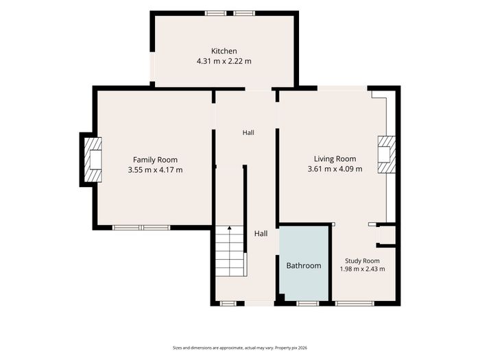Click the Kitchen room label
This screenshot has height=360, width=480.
[224, 51]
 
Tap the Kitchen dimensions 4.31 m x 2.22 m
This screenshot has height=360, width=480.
[224, 61]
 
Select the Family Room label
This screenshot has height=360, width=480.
[155, 160]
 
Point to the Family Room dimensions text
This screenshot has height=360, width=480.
[155, 170]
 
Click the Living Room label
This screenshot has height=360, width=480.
[335, 159]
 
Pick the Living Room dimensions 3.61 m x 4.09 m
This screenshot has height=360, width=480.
[335, 169]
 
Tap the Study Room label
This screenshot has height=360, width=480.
[362, 261]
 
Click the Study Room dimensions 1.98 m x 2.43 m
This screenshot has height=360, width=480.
[363, 269]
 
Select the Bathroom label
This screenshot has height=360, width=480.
[304, 265]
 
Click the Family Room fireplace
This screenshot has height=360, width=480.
[93, 160]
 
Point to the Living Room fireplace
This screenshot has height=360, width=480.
[387, 154]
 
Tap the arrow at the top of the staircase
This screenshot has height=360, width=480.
[229, 228]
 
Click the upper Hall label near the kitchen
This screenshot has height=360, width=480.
[248, 133]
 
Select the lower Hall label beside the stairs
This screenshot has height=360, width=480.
[261, 234]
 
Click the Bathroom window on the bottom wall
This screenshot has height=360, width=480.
[308, 303]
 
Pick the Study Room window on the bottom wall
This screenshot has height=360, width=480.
[355, 303]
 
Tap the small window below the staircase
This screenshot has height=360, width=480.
[228, 303]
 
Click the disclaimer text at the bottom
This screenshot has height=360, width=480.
[240, 348]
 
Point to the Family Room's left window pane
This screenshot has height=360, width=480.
[126, 228]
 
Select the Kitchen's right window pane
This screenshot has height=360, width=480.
[244, 13]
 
